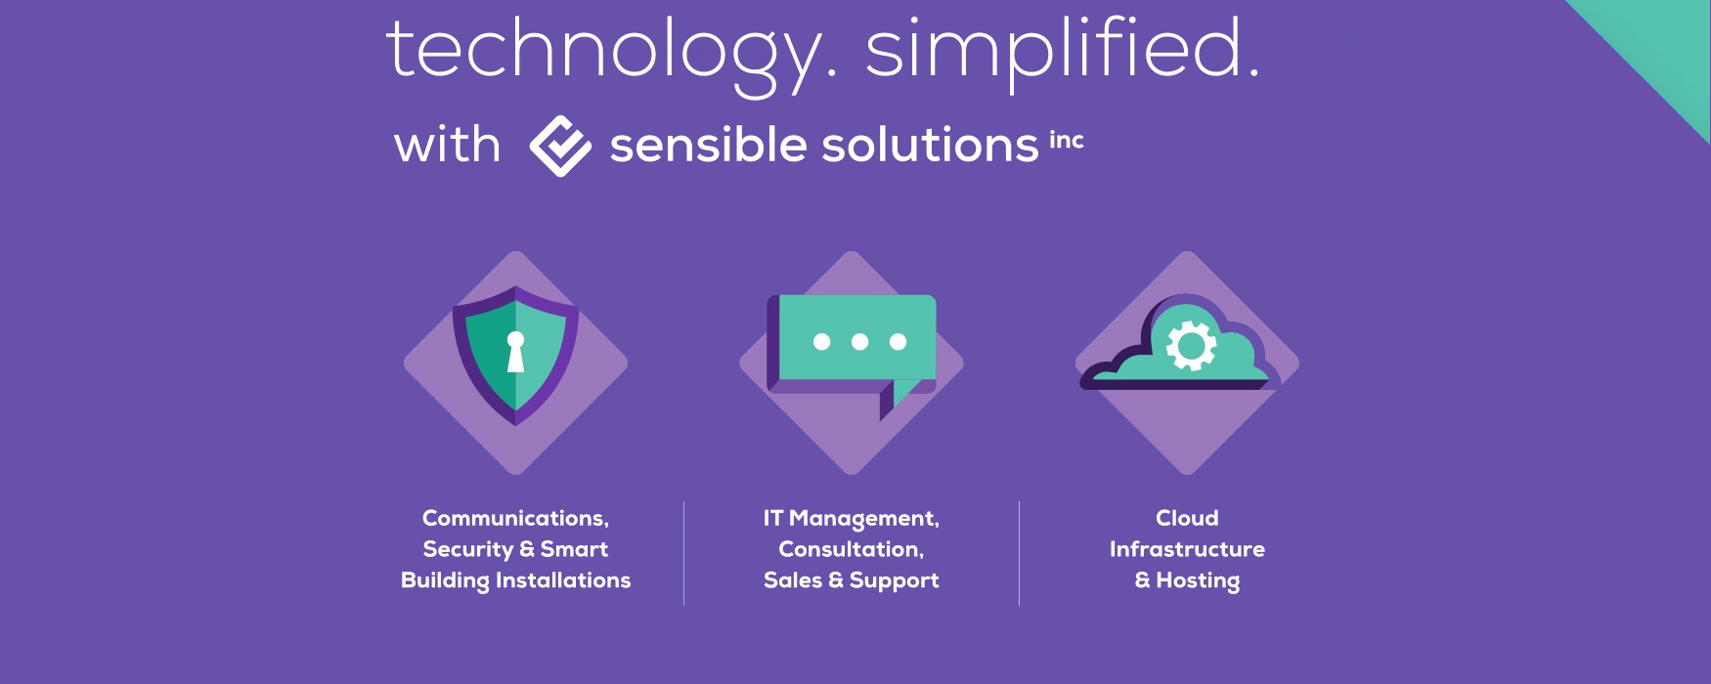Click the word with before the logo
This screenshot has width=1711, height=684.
(x=447, y=145)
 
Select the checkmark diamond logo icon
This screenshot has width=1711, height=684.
(x=560, y=146)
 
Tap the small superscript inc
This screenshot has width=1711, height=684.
(x=1067, y=140)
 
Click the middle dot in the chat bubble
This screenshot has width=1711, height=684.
(x=859, y=341)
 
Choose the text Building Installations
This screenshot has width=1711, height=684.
(x=515, y=580)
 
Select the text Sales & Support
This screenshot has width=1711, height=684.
(x=851, y=580)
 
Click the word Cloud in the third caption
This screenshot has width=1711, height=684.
(x=1187, y=518)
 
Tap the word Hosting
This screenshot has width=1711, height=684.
(x=1198, y=580)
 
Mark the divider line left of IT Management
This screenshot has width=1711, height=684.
(x=683, y=553)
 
